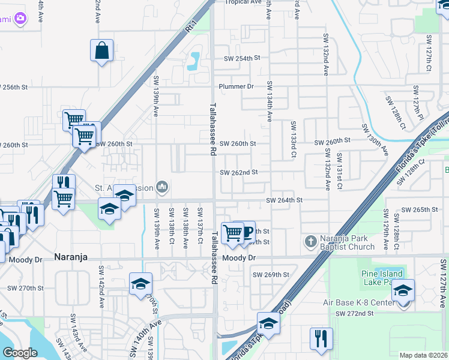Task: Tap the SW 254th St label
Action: pyautogui.click(x=243, y=59)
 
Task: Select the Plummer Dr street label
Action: pyautogui.click(x=236, y=86)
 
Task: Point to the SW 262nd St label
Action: pyautogui.click(x=238, y=172)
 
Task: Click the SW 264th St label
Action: pyautogui.click(x=284, y=200)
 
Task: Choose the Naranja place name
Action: pyautogui.click(x=71, y=257)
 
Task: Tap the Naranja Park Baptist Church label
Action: pyautogui.click(x=344, y=242)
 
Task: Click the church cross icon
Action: pyautogui.click(x=310, y=242)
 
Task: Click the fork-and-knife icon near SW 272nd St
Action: pyautogui.click(x=321, y=338)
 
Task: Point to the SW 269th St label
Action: pyautogui.click(x=271, y=275)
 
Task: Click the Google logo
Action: pyautogui.click(x=19, y=353)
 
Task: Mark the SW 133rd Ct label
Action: pyautogui.click(x=294, y=139)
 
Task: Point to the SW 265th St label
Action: pyautogui.click(x=420, y=210)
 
